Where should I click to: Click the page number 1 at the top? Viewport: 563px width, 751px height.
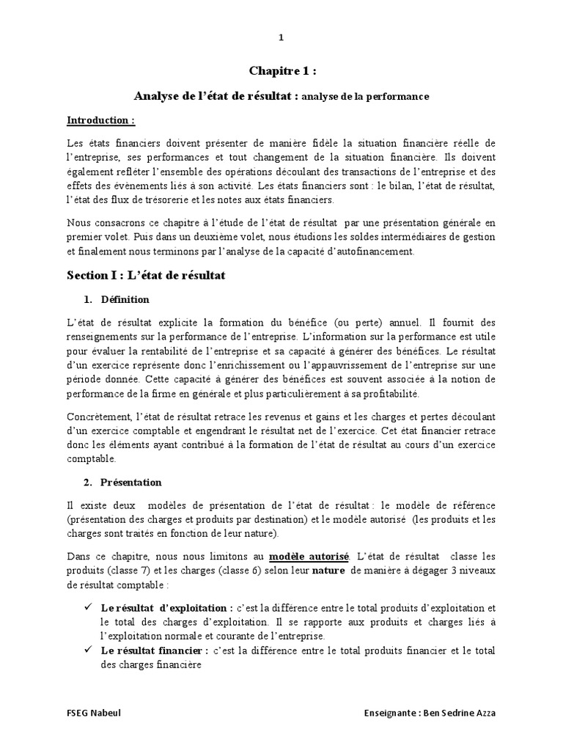[x=281, y=37]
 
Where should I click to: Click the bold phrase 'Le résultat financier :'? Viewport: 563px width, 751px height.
[x=155, y=651]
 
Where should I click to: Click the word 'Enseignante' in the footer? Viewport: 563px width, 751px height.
[x=391, y=714]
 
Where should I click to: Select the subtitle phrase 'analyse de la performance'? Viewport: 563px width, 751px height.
[x=365, y=96]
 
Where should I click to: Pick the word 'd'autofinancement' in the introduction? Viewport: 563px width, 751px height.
[x=374, y=252]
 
